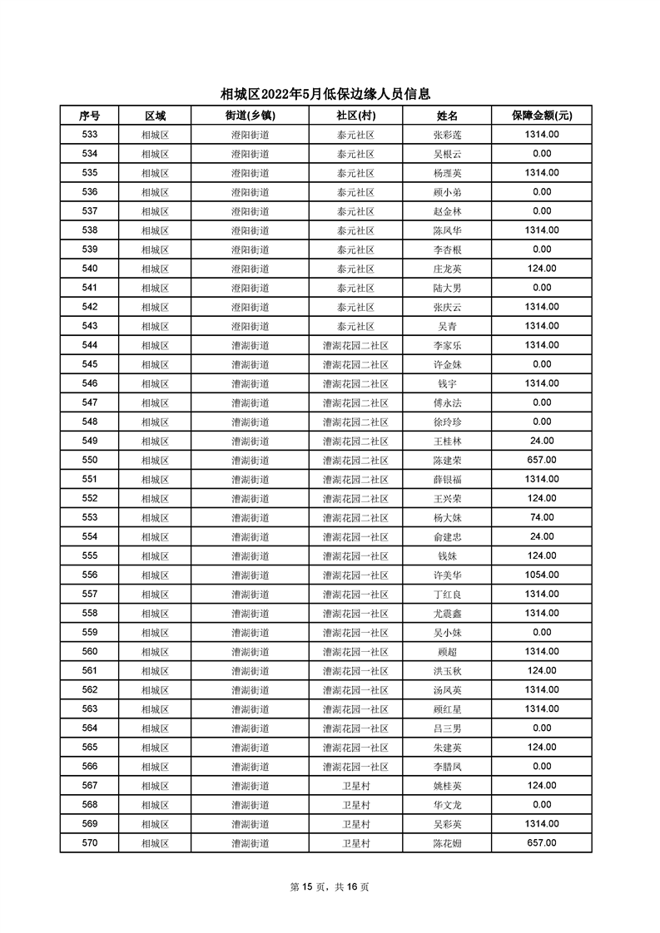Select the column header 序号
coord(89,116)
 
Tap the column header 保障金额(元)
coord(542,116)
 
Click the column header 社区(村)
coord(355,116)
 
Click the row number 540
coord(89,269)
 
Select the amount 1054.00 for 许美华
coord(542,575)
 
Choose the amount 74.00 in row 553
coord(542,517)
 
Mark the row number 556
coord(89,575)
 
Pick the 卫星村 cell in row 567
coord(355,786)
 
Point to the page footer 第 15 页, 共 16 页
coord(330,887)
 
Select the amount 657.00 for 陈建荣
coord(542,460)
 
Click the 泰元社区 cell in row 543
coord(355,326)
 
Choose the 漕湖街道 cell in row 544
coord(250,345)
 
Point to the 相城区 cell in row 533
coord(155,135)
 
